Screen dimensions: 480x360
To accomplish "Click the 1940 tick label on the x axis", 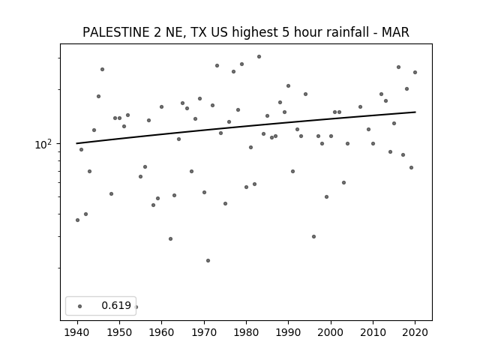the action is click(77, 332).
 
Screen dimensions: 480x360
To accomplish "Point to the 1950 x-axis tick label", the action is click(120, 332).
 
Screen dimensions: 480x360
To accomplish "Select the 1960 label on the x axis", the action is click(162, 332).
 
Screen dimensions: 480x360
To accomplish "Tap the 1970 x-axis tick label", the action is click(204, 332).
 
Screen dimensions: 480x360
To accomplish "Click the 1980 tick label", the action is click(246, 332).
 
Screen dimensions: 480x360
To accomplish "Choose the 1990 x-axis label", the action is click(288, 332).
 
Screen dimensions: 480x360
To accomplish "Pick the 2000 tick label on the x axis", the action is click(331, 332).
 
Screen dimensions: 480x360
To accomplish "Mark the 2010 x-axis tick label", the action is click(373, 332).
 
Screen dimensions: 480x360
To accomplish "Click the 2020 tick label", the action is click(415, 332).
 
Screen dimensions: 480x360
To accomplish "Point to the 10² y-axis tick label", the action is click(43, 144).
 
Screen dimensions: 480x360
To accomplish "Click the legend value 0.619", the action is click(116, 305).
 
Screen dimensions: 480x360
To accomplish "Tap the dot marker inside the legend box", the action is click(80, 306).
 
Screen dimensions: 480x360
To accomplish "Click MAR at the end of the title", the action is click(395, 32).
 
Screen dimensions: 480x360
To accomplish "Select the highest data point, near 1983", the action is click(259, 57).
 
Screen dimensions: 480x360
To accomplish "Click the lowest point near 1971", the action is click(208, 260).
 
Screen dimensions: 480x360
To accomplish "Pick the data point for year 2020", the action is click(415, 73).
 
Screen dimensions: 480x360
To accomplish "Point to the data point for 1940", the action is click(77, 220).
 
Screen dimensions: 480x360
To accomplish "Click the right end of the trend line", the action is click(415, 112).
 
